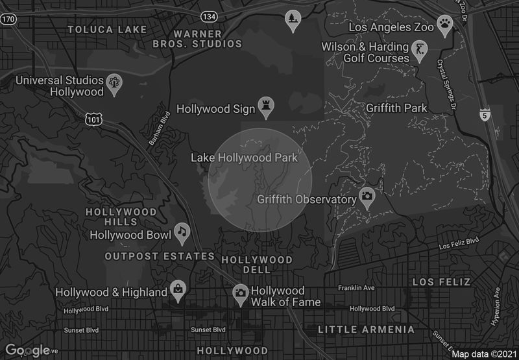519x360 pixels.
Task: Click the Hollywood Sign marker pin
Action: pyautogui.click(x=266, y=106)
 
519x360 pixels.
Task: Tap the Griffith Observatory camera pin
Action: pyautogui.click(x=367, y=197)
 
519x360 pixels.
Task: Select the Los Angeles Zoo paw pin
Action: pyautogui.click(x=444, y=25)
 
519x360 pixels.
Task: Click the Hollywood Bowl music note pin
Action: pyautogui.click(x=182, y=232)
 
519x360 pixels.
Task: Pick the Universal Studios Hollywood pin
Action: pyautogui.click(x=115, y=83)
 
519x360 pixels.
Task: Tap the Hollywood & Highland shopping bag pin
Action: pyautogui.click(x=177, y=289)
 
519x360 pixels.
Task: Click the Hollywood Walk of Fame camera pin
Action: pyautogui.click(x=241, y=293)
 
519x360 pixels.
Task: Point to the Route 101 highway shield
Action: pyautogui.click(x=92, y=119)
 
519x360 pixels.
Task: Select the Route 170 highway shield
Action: pyautogui.click(x=8, y=20)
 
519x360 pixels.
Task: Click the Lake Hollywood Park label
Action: pyautogui.click(x=244, y=158)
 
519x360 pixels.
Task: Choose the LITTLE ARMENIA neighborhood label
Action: pyautogui.click(x=366, y=330)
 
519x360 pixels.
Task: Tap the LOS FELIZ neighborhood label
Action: pyautogui.click(x=441, y=282)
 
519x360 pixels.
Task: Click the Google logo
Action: pyautogui.click(x=28, y=350)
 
